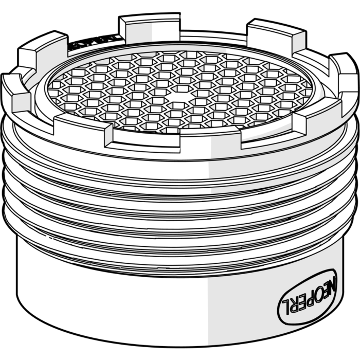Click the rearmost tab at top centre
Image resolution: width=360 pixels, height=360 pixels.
(x=149, y=26)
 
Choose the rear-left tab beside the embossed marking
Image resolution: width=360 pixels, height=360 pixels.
(x=43, y=51)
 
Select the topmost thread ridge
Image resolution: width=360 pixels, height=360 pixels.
(x=180, y=172)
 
